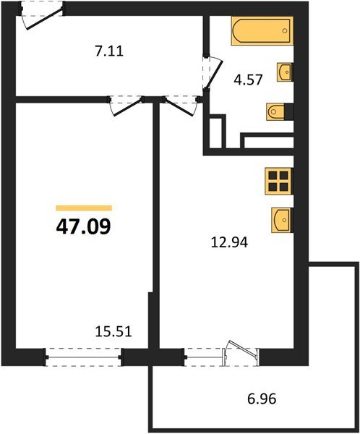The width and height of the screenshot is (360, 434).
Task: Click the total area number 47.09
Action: click(83, 226)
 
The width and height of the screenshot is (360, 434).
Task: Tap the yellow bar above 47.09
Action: click(84, 208)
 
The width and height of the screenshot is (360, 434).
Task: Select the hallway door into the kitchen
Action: click(177, 105)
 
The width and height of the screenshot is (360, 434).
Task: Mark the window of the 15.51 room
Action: click(84, 355)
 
